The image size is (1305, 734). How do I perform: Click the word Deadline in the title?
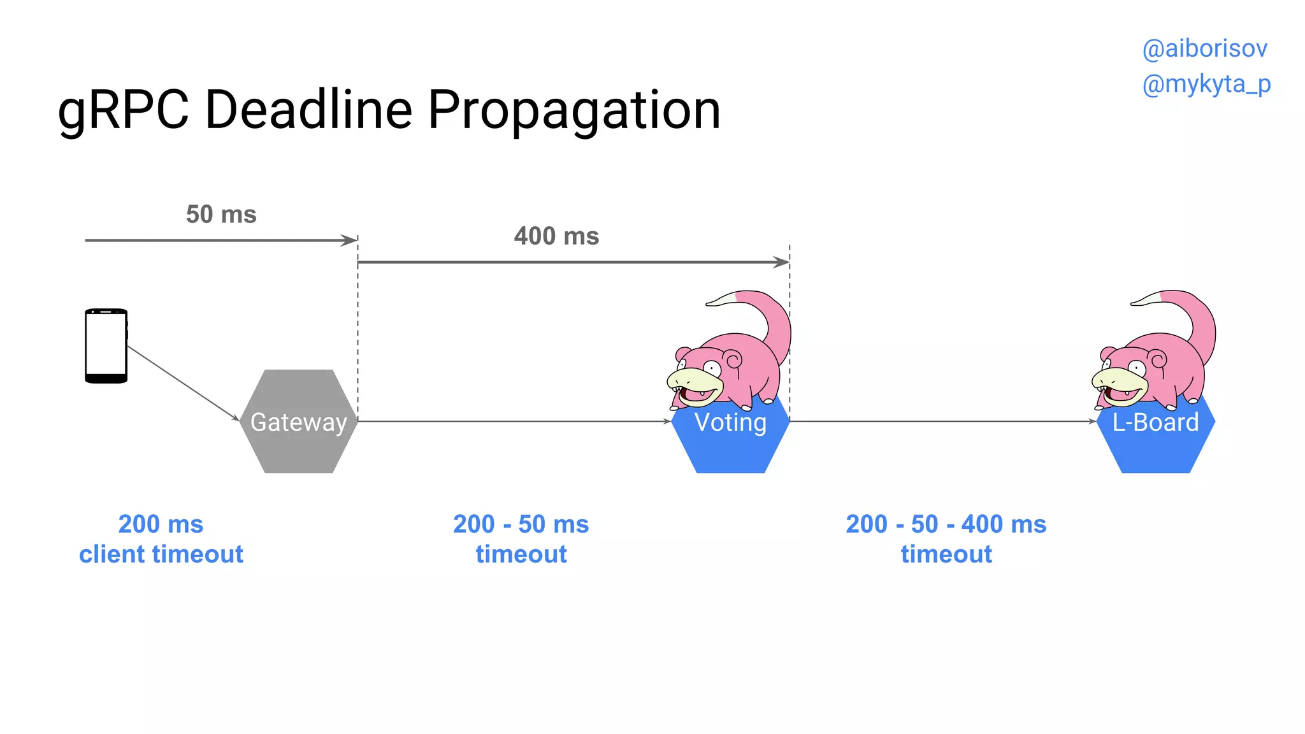click(x=308, y=110)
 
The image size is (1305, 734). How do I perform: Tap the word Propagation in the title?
click(x=573, y=110)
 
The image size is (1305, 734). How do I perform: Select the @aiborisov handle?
click(x=1204, y=48)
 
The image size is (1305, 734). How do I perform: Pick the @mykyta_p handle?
click(x=1206, y=83)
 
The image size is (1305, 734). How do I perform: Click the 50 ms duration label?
click(x=221, y=214)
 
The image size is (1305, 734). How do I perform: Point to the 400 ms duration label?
click(x=556, y=236)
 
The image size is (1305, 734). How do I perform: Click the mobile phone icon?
click(x=106, y=346)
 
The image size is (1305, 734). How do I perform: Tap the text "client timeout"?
click(x=161, y=554)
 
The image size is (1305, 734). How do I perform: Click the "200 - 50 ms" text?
click(x=521, y=524)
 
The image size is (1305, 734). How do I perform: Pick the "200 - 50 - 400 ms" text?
click(x=946, y=524)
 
